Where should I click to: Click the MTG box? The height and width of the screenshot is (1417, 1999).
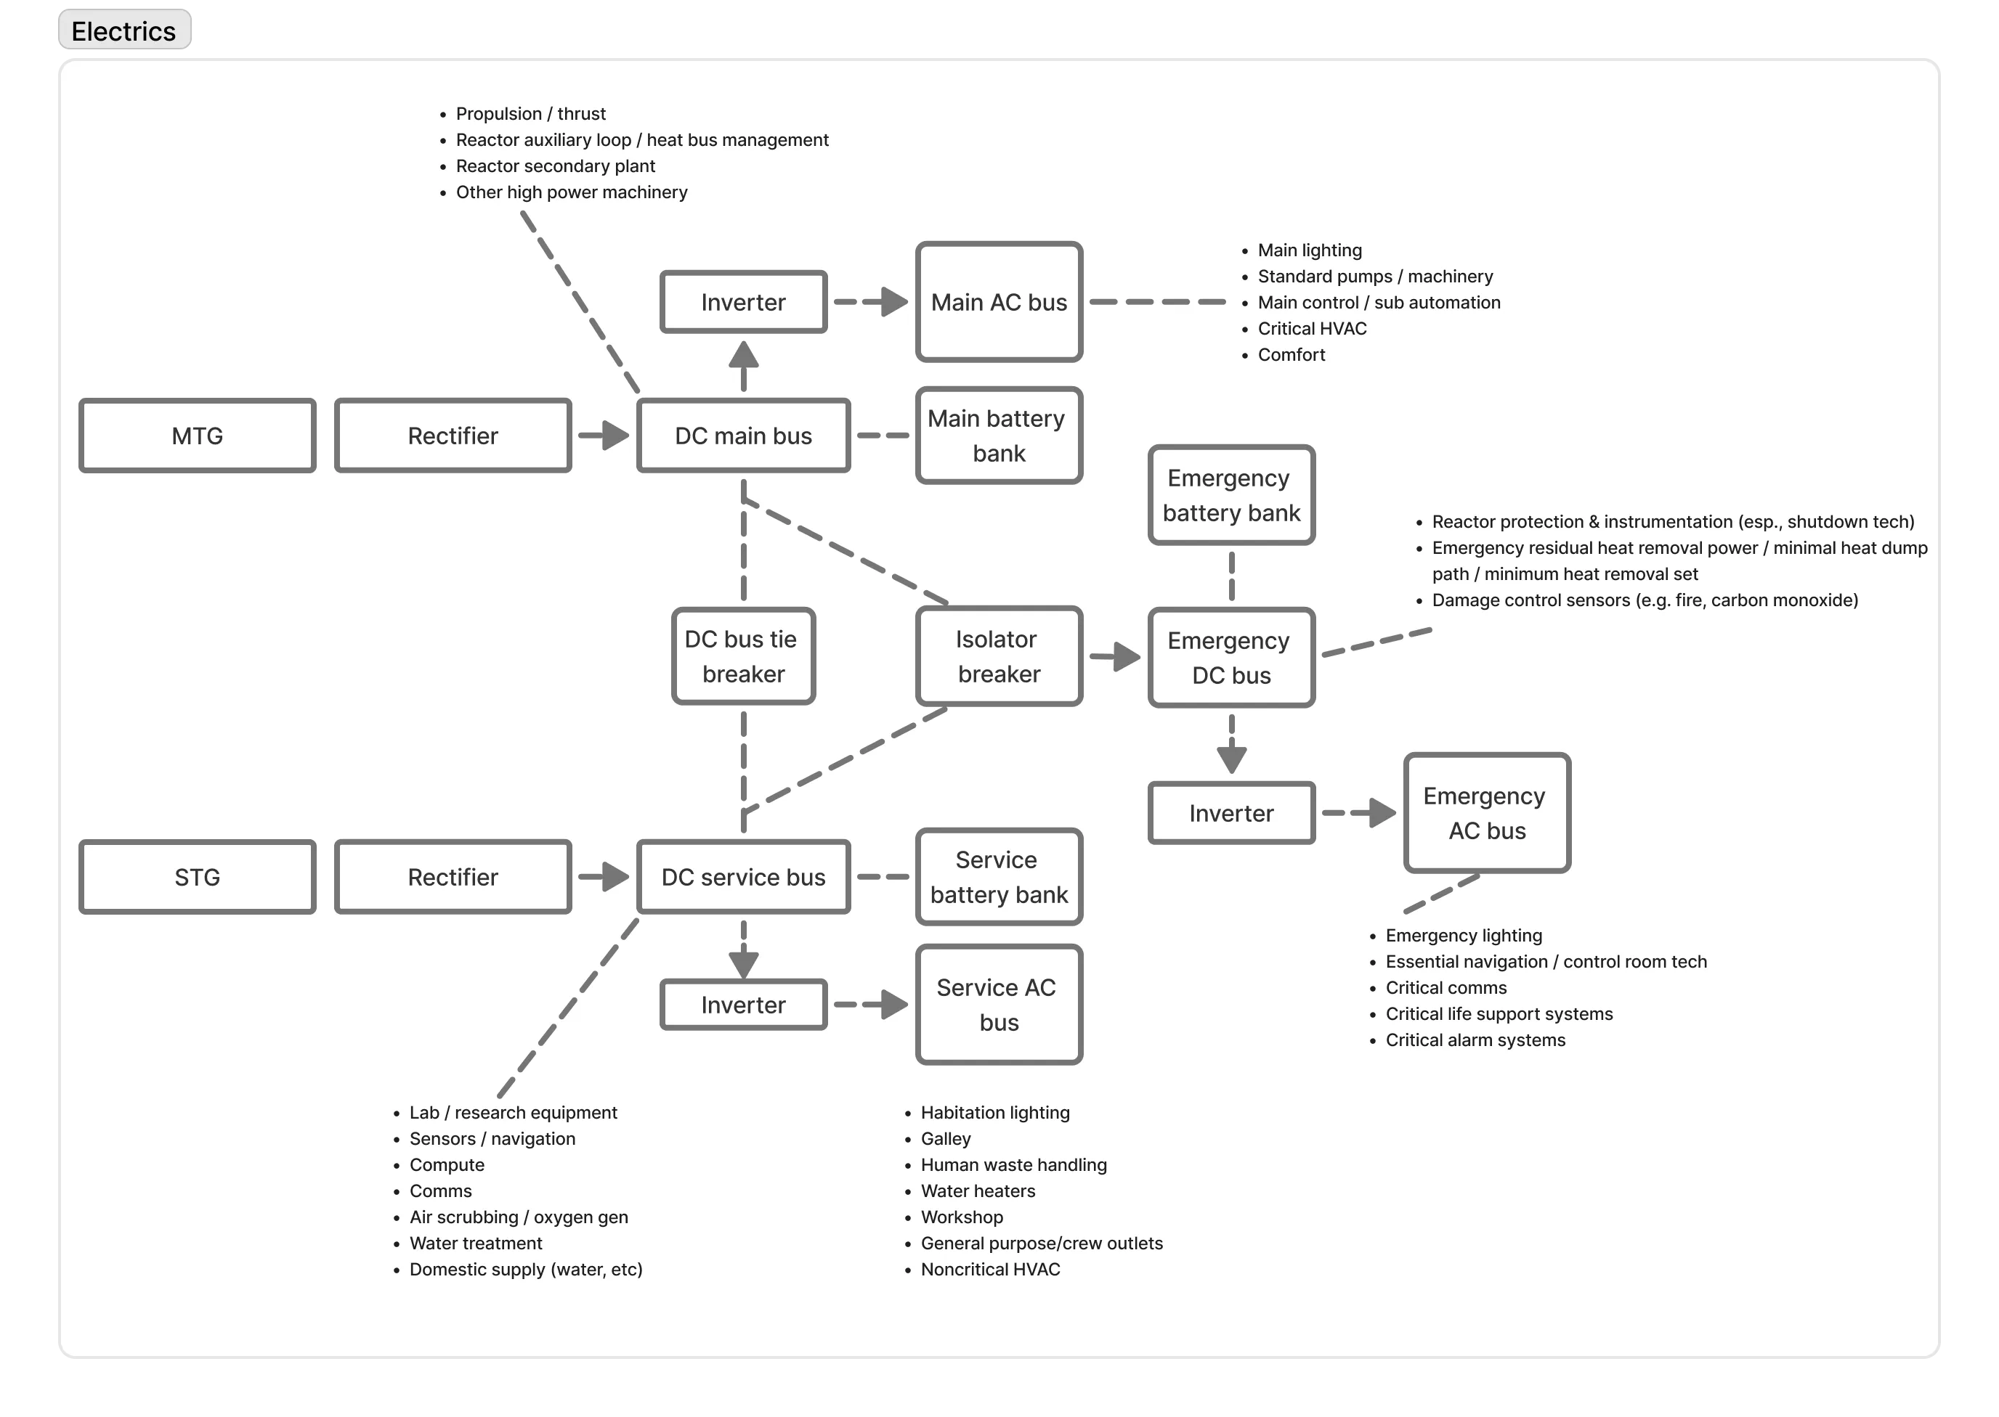click(198, 436)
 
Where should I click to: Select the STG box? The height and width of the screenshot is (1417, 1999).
click(198, 877)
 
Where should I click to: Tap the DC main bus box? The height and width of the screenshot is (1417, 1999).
click(743, 436)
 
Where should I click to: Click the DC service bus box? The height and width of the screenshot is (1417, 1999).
click(743, 877)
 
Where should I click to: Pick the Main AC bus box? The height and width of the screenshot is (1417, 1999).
click(999, 302)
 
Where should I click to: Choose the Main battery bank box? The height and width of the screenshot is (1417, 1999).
click(999, 436)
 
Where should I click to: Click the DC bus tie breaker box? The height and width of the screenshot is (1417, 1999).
click(743, 656)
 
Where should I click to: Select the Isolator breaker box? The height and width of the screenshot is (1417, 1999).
click(999, 656)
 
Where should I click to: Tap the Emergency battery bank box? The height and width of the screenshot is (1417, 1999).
click(1230, 495)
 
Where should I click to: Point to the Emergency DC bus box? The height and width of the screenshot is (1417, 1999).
click(1230, 657)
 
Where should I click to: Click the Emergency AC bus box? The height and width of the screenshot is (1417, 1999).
click(1487, 812)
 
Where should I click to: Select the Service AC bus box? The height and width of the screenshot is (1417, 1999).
click(999, 1004)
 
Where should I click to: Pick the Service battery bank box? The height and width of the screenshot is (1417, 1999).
click(999, 877)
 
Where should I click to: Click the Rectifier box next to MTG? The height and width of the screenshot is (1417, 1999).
click(453, 436)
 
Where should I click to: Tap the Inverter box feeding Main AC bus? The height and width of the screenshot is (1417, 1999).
click(743, 302)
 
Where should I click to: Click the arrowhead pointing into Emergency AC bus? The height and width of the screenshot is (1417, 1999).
click(1383, 812)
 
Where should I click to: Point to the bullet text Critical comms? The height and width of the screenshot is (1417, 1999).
click(1445, 988)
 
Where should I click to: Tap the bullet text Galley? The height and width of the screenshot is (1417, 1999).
click(945, 1139)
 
